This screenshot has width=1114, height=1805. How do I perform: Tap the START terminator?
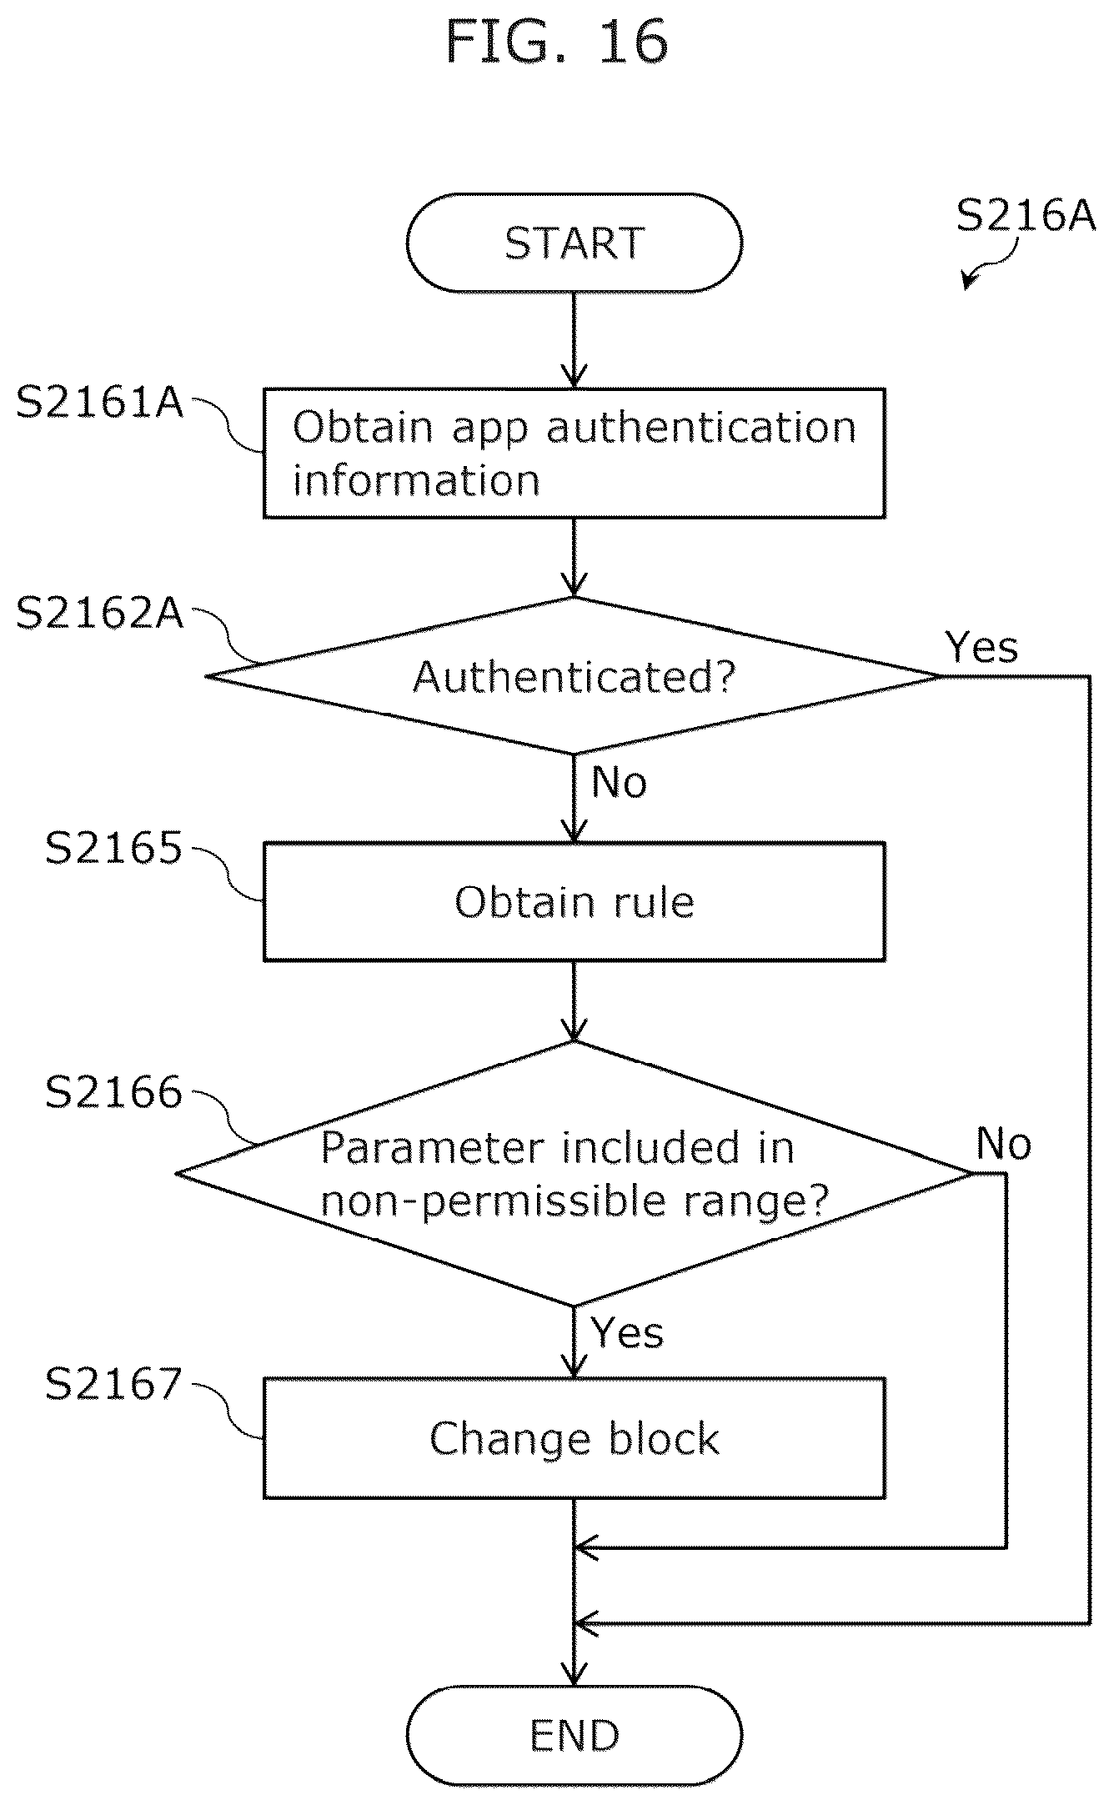[x=574, y=243]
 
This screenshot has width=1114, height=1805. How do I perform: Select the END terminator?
[x=574, y=1736]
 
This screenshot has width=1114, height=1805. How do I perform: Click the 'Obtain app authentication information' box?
[x=574, y=453]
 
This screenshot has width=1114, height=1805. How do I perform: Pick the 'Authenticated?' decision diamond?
[x=574, y=675]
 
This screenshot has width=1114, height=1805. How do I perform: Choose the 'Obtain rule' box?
[x=574, y=901]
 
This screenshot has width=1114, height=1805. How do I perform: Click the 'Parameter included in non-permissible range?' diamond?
[x=574, y=1173]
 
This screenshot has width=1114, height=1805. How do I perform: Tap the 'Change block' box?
[x=574, y=1438]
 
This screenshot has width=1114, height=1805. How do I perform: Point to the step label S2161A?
[x=99, y=403]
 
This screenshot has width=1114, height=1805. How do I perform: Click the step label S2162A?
[x=99, y=614]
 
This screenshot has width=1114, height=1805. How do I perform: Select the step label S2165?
[x=113, y=849]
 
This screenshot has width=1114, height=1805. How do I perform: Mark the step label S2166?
[x=113, y=1092]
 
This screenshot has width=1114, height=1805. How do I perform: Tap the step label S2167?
[x=113, y=1384]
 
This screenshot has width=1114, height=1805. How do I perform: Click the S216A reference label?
[x=1026, y=215]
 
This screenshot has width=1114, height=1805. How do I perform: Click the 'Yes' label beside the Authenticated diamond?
[x=981, y=647]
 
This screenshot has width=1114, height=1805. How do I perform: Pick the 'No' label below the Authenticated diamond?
[x=620, y=782]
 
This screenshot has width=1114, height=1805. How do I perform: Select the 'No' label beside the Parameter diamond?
[x=1004, y=1144]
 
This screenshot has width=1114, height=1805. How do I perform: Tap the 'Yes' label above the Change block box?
[x=627, y=1332]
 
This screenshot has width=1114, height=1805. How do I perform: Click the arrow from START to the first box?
[x=574, y=340]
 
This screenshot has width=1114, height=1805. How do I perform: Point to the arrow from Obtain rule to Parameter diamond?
[x=574, y=1001]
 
